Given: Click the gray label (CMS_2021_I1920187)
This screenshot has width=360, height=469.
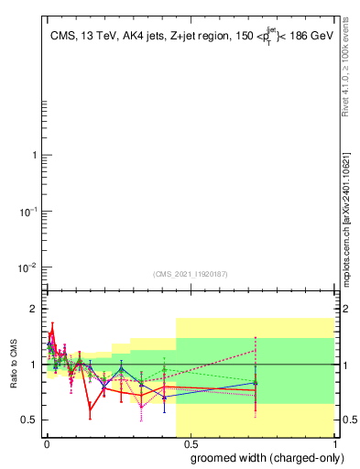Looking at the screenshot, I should coord(190,273).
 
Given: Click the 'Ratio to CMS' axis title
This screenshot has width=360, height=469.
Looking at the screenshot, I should coord(14,364).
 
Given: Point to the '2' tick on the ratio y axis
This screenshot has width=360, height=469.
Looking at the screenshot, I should coord(35,309).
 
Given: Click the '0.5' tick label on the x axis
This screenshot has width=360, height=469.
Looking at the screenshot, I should coord(191,442).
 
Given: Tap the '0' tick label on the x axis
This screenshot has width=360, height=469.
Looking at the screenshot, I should coord(47,442).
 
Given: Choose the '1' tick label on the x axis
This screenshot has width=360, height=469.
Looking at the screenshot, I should coord(336,442).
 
